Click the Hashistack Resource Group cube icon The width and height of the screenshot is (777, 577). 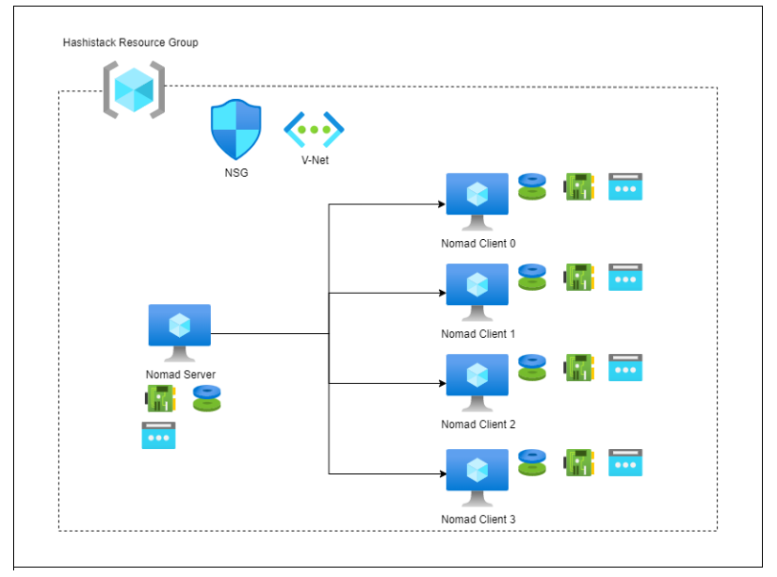[x=133, y=89]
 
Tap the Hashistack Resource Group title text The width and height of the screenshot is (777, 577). [x=130, y=43]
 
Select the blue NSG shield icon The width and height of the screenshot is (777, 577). [x=235, y=131]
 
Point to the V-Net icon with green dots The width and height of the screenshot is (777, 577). [x=314, y=129]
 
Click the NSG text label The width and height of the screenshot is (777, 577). [x=236, y=172]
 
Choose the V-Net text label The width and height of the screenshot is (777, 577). [x=315, y=160]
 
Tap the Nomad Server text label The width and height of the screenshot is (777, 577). [x=180, y=375]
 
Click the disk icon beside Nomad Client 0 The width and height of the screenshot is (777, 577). [x=532, y=186]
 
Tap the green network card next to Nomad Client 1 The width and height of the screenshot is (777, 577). [x=577, y=277]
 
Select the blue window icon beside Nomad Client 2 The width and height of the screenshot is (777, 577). [x=625, y=368]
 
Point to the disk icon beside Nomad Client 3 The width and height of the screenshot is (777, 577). [x=532, y=462]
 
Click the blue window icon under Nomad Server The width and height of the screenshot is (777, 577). [x=158, y=435]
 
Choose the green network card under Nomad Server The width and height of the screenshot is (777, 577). [x=159, y=398]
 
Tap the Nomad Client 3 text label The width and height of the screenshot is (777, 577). [x=478, y=519]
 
